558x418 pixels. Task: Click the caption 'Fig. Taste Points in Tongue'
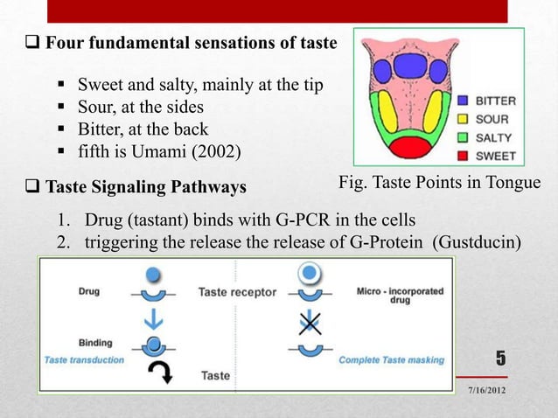(439, 185)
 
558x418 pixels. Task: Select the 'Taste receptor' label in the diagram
(237, 292)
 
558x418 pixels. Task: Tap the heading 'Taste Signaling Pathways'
(145, 186)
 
